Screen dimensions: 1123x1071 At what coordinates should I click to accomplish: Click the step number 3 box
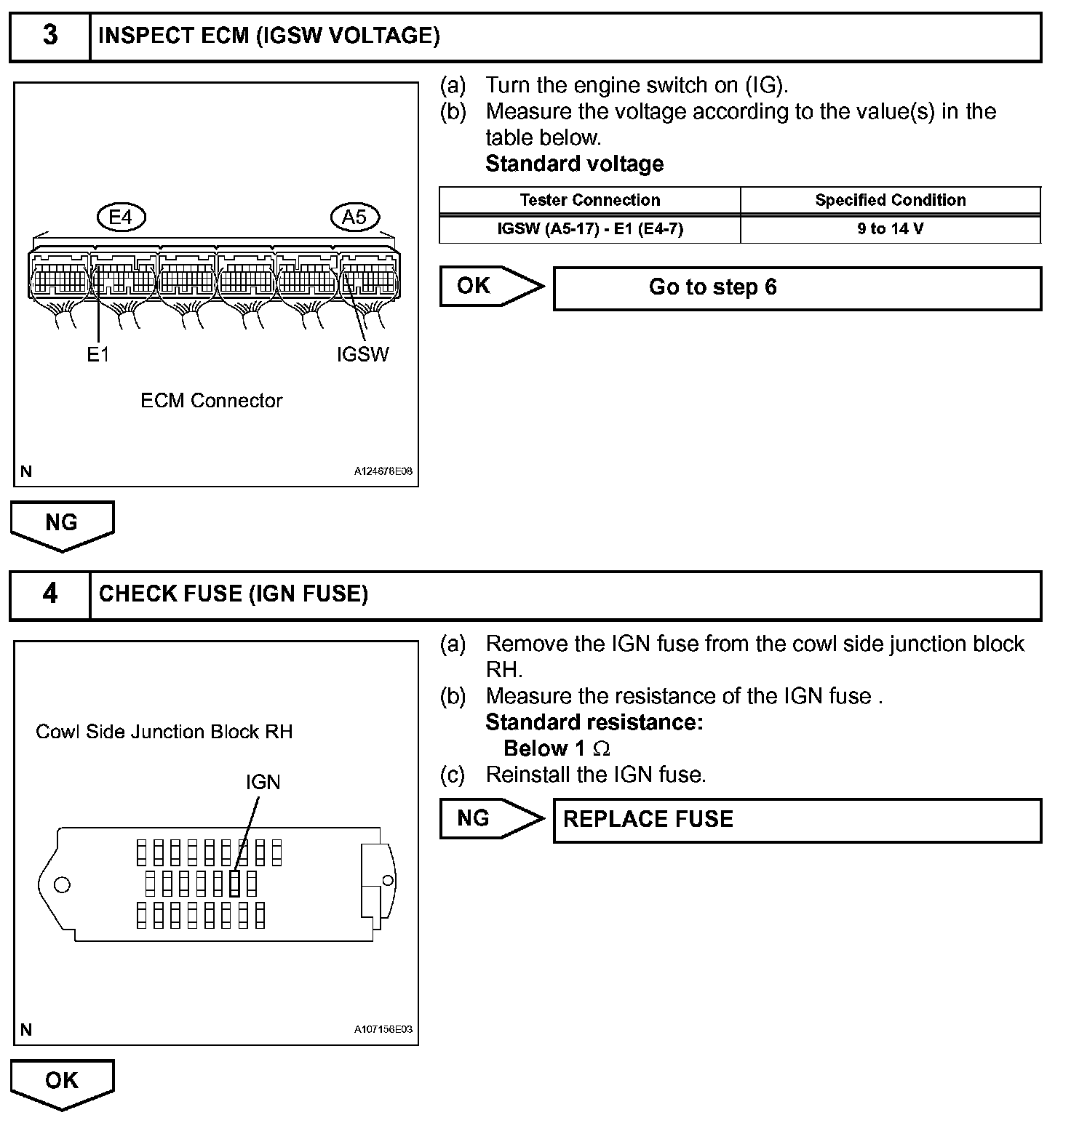(x=49, y=36)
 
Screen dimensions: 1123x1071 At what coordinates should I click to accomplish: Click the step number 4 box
(x=49, y=594)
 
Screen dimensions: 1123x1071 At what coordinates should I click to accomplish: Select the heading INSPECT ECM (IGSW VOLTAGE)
(x=268, y=36)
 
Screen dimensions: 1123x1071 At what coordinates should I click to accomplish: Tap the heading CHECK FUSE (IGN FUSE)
(x=233, y=594)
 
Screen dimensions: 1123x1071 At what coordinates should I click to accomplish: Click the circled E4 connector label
(x=121, y=217)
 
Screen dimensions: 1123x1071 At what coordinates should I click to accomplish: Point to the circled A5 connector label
(x=354, y=217)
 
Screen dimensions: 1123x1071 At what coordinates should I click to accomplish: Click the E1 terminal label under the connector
(x=97, y=354)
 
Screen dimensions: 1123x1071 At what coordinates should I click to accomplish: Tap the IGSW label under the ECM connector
(x=362, y=354)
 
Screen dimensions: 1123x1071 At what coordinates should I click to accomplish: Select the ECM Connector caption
(x=211, y=401)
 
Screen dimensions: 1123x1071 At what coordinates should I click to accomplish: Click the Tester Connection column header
(x=589, y=200)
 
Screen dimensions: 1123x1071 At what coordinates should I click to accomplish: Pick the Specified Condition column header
(x=890, y=200)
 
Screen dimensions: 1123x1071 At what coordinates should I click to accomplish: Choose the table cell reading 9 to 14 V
(x=890, y=229)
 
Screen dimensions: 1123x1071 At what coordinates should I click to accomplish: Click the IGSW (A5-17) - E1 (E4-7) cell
(x=589, y=229)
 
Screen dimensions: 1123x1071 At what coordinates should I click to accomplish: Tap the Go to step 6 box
(x=797, y=288)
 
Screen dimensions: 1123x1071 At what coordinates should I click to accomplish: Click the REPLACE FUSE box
(x=797, y=820)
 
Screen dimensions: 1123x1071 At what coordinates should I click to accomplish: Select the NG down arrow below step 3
(x=62, y=524)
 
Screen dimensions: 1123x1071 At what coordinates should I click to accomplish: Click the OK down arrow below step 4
(x=62, y=1082)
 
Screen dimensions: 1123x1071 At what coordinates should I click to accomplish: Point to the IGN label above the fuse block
(x=263, y=782)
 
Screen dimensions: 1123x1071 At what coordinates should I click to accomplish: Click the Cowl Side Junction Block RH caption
(x=164, y=732)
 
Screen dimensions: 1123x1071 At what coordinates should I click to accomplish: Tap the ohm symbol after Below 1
(x=602, y=748)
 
